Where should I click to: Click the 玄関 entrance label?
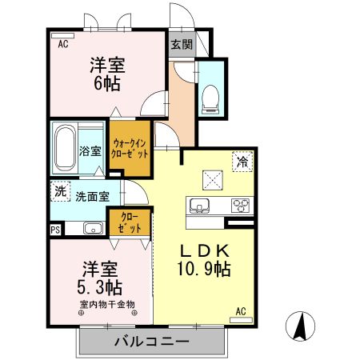point(181,45)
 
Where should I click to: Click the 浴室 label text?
point(90,150)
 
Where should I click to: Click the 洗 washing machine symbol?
point(59,192)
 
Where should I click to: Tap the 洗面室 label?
point(93,195)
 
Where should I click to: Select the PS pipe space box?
point(55,229)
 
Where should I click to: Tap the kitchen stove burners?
point(241,206)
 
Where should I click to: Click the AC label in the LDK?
point(240,310)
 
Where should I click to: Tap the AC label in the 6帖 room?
point(62,45)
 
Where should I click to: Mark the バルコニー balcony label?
point(150,342)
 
